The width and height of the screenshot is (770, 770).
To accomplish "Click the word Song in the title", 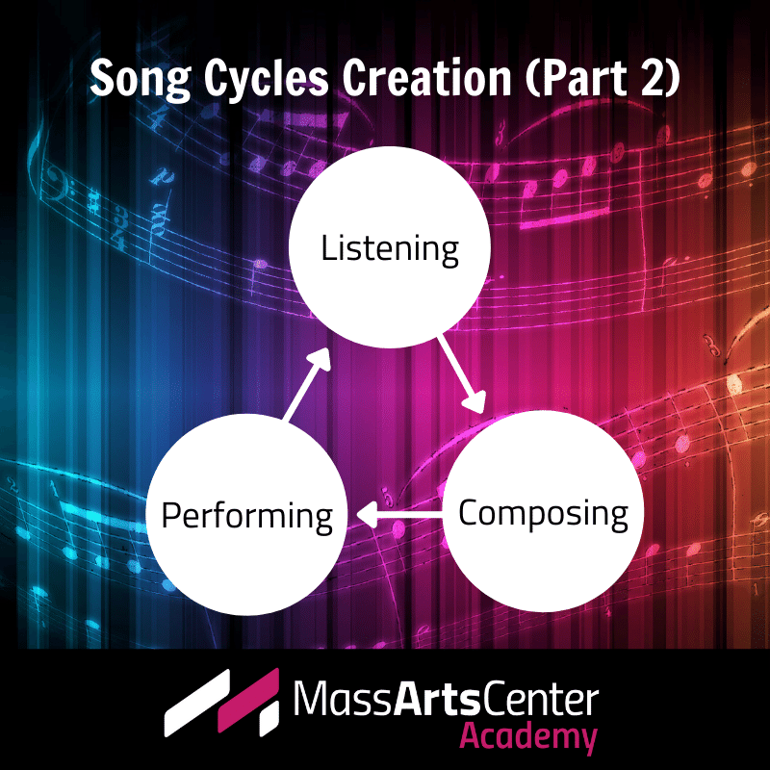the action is (140, 79).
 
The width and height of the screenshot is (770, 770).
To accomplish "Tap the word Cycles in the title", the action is (266, 80).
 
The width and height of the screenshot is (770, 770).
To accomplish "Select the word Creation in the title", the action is (426, 78).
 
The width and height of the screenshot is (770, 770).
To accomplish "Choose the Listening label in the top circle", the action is (390, 250).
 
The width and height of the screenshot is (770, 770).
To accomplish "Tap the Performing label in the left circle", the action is (247, 517).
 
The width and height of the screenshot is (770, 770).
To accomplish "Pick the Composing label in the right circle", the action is (543, 514).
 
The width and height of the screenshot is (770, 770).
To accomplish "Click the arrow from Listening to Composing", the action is (462, 374).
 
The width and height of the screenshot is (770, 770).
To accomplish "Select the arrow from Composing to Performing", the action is (399, 515).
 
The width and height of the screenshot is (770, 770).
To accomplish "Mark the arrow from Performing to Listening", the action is (306, 384).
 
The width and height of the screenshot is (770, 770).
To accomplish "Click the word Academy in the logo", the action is (528, 737).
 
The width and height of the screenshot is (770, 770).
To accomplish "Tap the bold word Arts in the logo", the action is (437, 698).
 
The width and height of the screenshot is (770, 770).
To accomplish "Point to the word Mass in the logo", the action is (344, 698).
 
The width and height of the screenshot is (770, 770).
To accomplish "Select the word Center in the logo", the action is (540, 699).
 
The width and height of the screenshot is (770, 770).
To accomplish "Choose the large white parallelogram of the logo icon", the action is (197, 703).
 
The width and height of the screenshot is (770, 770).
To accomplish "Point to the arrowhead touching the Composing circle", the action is (475, 402).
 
